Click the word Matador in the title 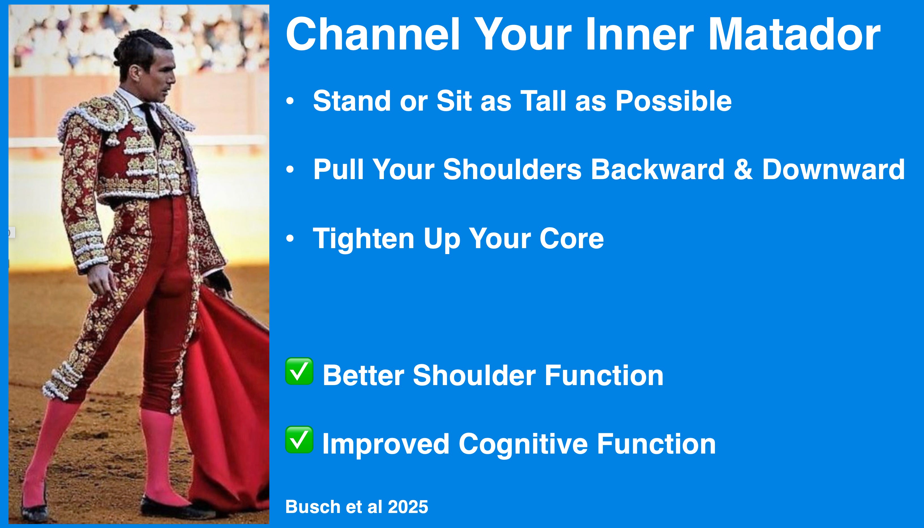(x=795, y=35)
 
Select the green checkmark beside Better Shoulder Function (x=299, y=371)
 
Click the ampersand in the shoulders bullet (x=743, y=169)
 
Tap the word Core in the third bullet (x=572, y=238)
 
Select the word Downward (x=833, y=169)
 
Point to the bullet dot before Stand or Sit (x=290, y=101)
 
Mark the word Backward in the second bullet (x=657, y=169)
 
